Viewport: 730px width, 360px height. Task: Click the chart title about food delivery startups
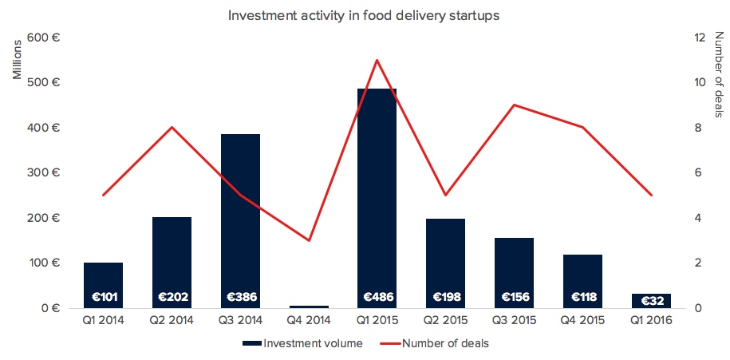[364, 15]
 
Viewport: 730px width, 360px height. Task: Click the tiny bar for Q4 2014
[309, 307]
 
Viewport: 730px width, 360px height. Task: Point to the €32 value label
[652, 301]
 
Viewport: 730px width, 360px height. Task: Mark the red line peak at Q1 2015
[377, 60]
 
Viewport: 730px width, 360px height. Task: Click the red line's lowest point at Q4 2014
[309, 240]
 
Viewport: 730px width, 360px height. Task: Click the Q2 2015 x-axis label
[446, 322]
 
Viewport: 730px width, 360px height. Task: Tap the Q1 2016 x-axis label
[652, 322]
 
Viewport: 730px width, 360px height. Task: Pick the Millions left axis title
[17, 60]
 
